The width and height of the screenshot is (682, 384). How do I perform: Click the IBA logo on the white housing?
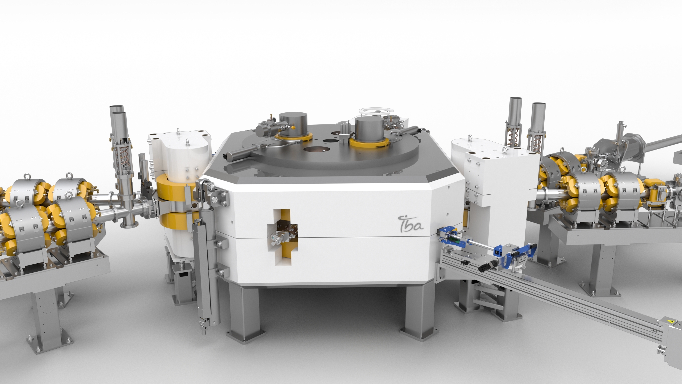(411, 223)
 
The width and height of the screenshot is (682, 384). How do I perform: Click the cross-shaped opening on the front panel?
(283, 237)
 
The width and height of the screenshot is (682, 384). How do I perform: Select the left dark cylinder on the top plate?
(293, 124)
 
